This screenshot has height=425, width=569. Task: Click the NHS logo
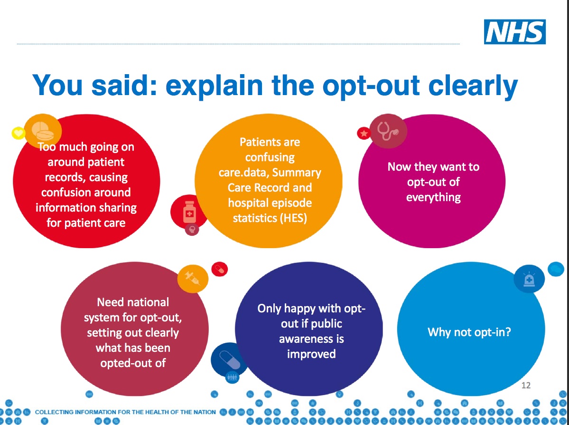(514, 32)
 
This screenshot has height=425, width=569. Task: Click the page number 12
(526, 386)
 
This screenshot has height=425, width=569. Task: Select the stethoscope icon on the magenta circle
(388, 131)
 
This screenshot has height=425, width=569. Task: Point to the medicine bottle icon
(189, 212)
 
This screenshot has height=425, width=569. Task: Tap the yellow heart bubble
(18, 133)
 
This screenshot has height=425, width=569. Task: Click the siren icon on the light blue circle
(529, 279)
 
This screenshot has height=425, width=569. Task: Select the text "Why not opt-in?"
(469, 332)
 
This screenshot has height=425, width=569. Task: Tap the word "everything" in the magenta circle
(433, 197)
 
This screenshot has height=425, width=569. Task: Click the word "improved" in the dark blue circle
(311, 354)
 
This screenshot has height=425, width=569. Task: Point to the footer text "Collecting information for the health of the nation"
(125, 412)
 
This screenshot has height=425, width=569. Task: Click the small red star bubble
(364, 134)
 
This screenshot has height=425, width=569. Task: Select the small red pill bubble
(220, 270)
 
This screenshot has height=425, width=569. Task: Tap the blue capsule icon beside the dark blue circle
(229, 359)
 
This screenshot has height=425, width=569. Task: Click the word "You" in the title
(58, 85)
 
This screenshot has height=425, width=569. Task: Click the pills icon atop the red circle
(42, 131)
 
